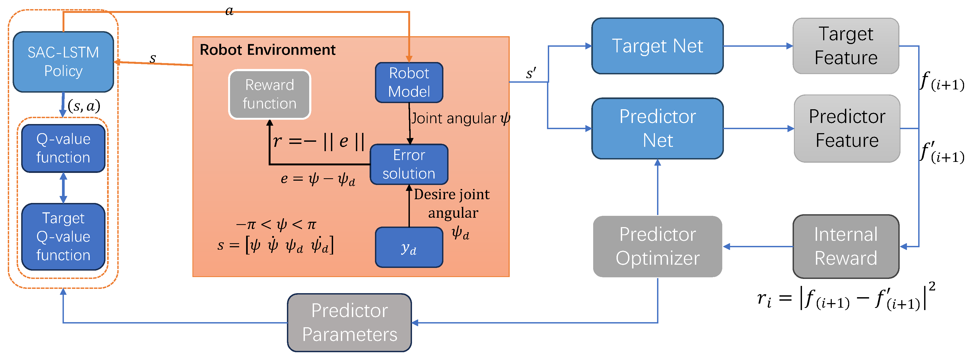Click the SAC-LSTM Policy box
point(63,62)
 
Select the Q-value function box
point(63,148)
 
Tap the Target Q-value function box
point(63,237)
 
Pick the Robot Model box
point(409,82)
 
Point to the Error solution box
point(409,164)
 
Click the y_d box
point(409,248)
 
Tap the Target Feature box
point(846,46)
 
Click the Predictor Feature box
point(847,128)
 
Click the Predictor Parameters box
point(349,323)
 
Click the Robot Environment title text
point(267,50)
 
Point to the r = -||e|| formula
point(318,141)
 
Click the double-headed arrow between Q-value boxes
point(63,188)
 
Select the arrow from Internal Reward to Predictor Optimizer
point(758,247)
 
